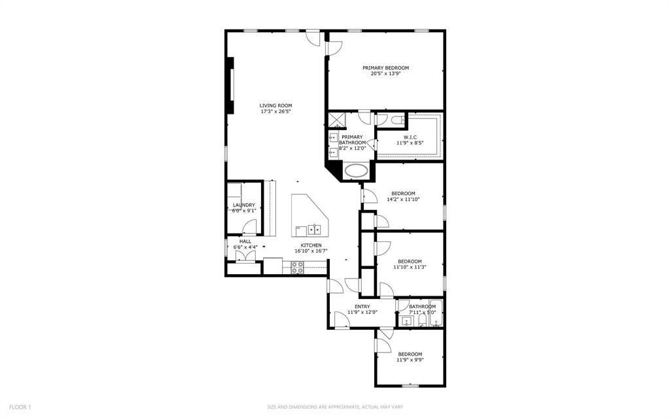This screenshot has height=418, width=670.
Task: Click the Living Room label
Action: pyautogui.click(x=275, y=105)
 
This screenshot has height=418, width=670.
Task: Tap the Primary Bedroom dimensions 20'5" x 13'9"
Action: pyautogui.click(x=385, y=74)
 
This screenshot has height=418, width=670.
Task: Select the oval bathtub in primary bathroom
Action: pyautogui.click(x=357, y=171)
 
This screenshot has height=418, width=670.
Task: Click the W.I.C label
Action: pyautogui.click(x=410, y=137)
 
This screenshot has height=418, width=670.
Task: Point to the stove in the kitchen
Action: pyautogui.click(x=297, y=267)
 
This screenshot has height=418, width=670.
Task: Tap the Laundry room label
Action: pyautogui.click(x=243, y=205)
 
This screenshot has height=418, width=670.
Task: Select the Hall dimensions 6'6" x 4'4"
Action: pyautogui.click(x=245, y=247)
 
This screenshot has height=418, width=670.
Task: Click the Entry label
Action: pyautogui.click(x=362, y=306)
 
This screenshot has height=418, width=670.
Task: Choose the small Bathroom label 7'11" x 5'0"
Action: pyautogui.click(x=422, y=307)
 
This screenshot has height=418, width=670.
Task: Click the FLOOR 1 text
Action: pyautogui.click(x=16, y=407)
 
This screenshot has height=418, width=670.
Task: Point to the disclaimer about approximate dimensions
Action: pyautogui.click(x=334, y=407)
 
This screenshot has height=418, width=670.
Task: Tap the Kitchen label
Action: pyautogui.click(x=311, y=245)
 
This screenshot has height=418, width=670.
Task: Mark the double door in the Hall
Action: pyautogui.click(x=245, y=256)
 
